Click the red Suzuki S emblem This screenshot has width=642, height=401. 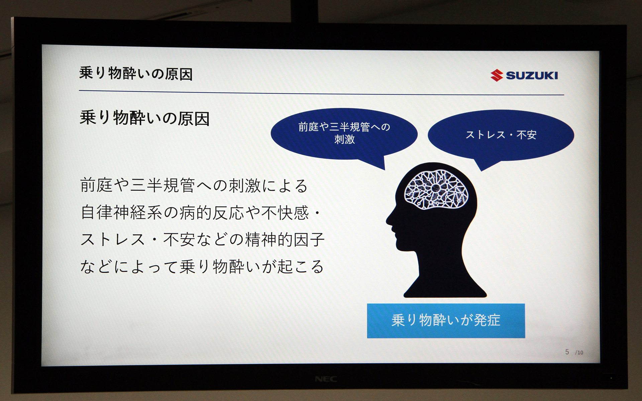click(497, 75)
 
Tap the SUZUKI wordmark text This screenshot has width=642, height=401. click(532, 76)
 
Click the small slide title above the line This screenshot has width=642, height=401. click(136, 74)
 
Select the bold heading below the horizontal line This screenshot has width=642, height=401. click(144, 118)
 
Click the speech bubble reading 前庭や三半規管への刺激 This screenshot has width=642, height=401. click(344, 134)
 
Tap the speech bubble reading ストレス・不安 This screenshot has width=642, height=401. click(501, 135)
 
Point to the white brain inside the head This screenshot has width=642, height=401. click(436, 189)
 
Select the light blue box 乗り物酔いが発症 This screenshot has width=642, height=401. click(446, 320)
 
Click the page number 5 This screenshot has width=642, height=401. click(567, 352)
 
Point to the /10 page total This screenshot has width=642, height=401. click(579, 353)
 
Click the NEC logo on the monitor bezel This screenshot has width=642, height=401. click(326, 379)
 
